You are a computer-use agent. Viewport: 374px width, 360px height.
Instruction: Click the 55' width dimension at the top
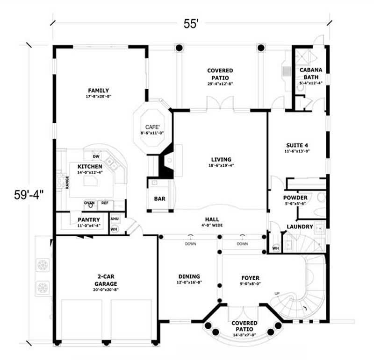(191, 25)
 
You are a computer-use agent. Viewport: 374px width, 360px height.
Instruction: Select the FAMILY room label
(98, 91)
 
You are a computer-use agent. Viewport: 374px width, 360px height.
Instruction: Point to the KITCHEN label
(90, 167)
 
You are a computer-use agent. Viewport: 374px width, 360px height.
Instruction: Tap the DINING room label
(189, 276)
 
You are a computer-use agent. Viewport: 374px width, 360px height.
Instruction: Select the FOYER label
(250, 278)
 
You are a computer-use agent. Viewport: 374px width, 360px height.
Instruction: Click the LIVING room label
(220, 160)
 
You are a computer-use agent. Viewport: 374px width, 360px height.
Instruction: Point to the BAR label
(159, 199)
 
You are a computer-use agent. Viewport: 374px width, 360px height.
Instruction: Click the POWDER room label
(295, 198)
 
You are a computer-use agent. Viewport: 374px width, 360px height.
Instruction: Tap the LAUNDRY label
(300, 227)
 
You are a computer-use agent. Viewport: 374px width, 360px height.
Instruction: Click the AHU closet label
(114, 219)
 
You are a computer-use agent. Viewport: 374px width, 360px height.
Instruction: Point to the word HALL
(212, 219)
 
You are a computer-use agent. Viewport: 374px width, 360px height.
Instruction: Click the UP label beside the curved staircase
(277, 293)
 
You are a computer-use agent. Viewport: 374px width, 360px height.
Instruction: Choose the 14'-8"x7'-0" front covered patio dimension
(244, 335)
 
